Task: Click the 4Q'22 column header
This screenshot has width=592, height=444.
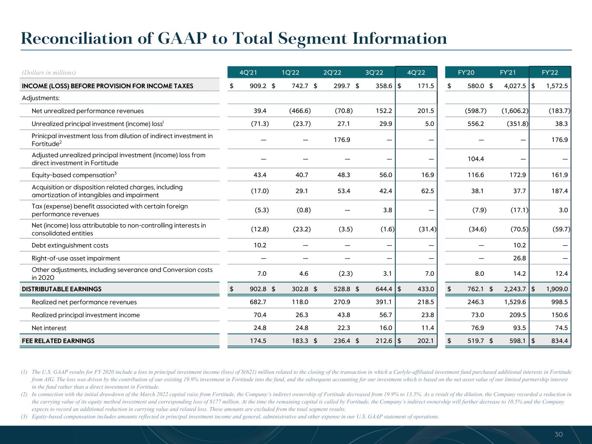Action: pyautogui.click(x=416, y=72)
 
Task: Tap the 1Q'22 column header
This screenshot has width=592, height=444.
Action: pyautogui.click(x=291, y=72)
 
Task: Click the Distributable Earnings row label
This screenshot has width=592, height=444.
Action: pyautogui.click(x=62, y=289)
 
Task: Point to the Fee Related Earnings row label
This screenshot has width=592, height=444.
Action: pyautogui.click(x=58, y=341)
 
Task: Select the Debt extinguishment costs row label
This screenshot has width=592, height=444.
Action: pyautogui.click(x=70, y=245)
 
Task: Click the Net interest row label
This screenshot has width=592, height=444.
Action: pyautogui.click(x=49, y=328)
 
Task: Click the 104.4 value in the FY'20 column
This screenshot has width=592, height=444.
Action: pyautogui.click(x=475, y=159)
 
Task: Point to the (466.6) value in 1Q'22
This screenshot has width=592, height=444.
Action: pyautogui.click(x=300, y=111)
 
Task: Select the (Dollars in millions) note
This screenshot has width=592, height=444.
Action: pyautogui.click(x=49, y=72)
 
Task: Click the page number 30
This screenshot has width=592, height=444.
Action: pyautogui.click(x=559, y=434)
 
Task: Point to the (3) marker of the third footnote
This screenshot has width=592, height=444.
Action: pyautogui.click(x=24, y=417)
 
